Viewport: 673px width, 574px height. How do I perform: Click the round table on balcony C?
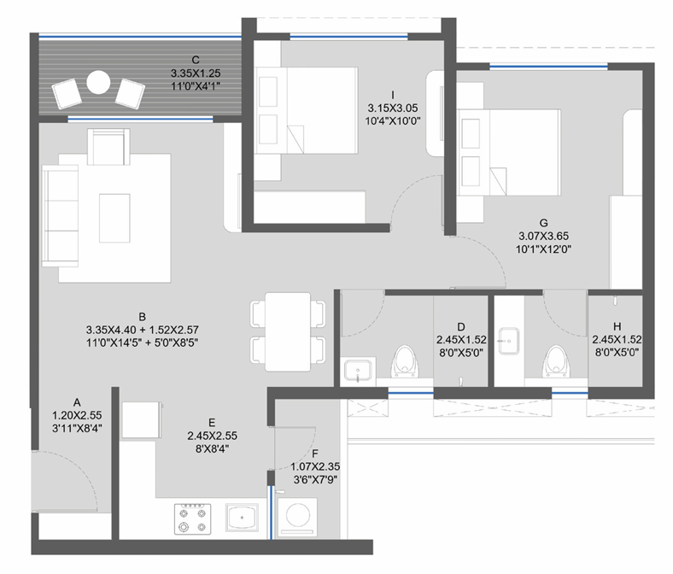pyautogui.click(x=98, y=82)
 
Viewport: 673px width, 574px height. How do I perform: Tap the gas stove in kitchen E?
pyautogui.click(x=193, y=518)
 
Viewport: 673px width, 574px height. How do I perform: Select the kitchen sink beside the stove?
pyautogui.click(x=242, y=518)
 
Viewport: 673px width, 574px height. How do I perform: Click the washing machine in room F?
pyautogui.click(x=297, y=517)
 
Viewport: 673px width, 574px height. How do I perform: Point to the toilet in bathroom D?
pyautogui.click(x=405, y=361)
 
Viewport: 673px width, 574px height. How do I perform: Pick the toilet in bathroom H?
pyautogui.click(x=556, y=361)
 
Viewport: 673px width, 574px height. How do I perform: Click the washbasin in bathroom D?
pyautogui.click(x=358, y=371)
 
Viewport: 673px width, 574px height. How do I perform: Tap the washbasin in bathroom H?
pyautogui.click(x=509, y=342)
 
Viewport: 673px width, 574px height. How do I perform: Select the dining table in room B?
pyautogui.click(x=288, y=332)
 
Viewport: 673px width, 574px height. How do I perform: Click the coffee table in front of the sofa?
pyautogui.click(x=114, y=218)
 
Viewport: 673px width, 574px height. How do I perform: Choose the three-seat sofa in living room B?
pyautogui.click(x=60, y=216)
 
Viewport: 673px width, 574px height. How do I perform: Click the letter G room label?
pyautogui.click(x=543, y=223)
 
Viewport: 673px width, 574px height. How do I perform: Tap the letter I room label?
pyautogui.click(x=393, y=95)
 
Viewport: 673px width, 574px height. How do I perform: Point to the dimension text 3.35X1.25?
pyautogui.click(x=196, y=73)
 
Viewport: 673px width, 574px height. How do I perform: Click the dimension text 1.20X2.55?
pyautogui.click(x=77, y=415)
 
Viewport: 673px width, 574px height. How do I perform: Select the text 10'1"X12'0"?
pyautogui.click(x=543, y=249)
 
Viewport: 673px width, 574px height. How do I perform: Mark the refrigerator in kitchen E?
pyautogui.click(x=141, y=420)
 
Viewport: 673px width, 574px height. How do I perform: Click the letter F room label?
pyautogui.click(x=315, y=454)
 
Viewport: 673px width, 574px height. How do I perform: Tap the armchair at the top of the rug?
pyautogui.click(x=108, y=147)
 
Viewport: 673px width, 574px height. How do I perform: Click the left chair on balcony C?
pyautogui.click(x=67, y=93)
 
